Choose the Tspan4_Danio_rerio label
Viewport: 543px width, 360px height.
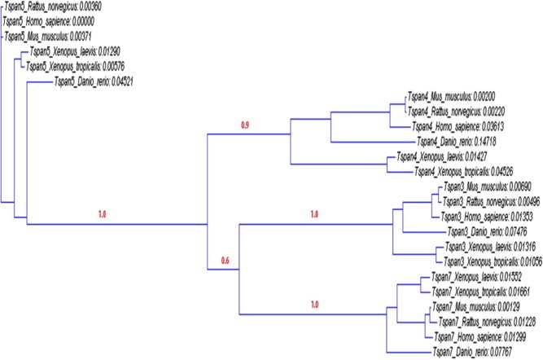pyautogui.click(x=464, y=141)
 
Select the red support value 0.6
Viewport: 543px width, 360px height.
pyautogui.click(x=226, y=261)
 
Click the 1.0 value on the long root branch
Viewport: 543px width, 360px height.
pyautogui.click(x=103, y=214)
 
